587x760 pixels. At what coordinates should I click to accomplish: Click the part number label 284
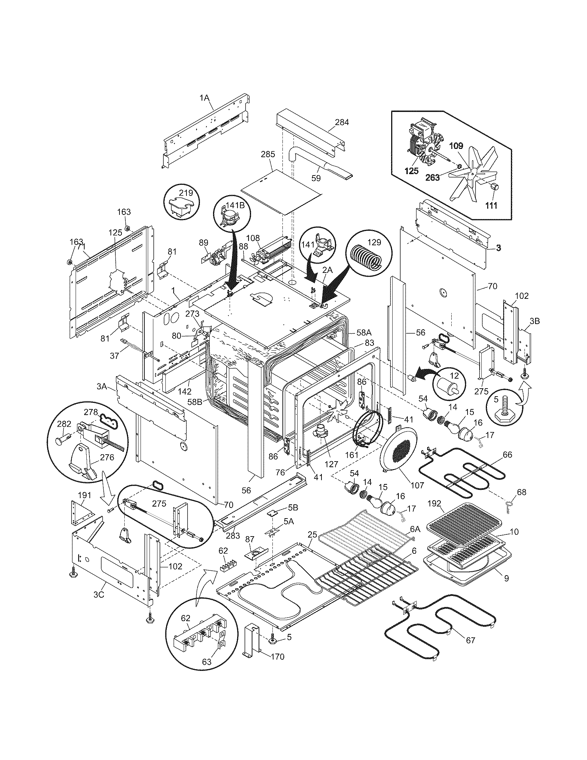(x=342, y=122)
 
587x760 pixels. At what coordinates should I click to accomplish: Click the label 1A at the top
(x=204, y=98)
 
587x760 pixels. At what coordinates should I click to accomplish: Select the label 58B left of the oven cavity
(x=195, y=401)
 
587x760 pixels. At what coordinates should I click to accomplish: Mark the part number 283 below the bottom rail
(x=233, y=536)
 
